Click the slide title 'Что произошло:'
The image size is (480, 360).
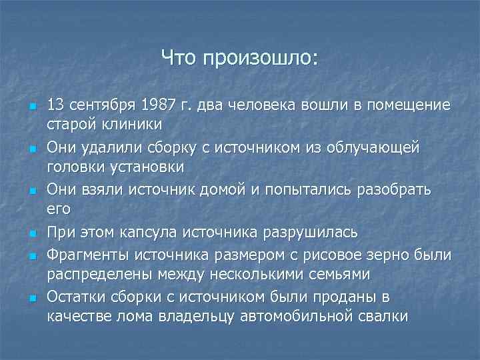pos(240,59)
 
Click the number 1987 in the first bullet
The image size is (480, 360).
pos(157,105)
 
